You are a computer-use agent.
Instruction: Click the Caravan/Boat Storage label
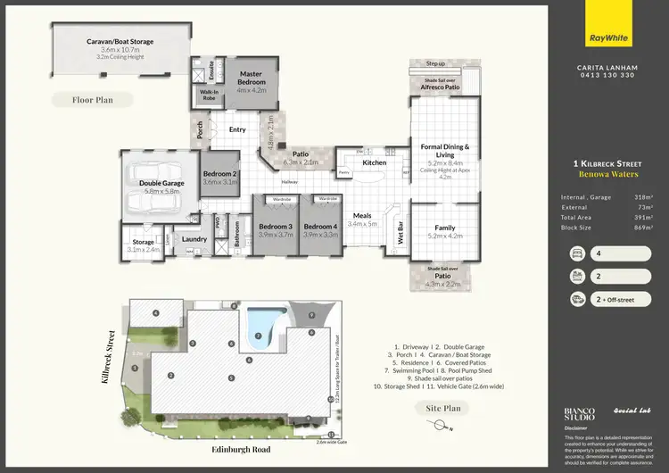point(120,42)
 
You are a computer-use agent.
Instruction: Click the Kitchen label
point(375,162)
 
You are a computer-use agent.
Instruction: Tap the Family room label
point(444,228)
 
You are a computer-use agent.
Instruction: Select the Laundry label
point(194,238)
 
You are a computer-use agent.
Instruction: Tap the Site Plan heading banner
point(443,408)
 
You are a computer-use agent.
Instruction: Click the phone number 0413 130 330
point(606,75)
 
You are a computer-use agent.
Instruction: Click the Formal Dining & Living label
point(444,151)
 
